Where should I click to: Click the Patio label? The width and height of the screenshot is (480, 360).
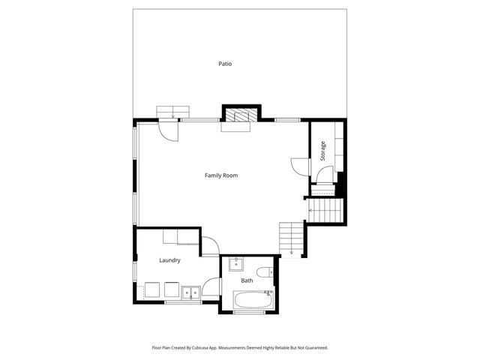(225, 64)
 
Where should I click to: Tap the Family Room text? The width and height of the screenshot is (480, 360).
(221, 175)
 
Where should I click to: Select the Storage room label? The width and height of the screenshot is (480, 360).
(323, 151)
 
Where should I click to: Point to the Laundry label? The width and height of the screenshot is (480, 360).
(169, 260)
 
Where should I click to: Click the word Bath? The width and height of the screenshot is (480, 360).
(247, 280)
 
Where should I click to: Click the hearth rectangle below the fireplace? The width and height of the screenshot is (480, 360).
(235, 127)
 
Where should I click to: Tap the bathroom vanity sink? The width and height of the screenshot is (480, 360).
(235, 263)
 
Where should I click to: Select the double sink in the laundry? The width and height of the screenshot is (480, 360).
(190, 292)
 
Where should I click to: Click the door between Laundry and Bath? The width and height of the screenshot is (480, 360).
(211, 287)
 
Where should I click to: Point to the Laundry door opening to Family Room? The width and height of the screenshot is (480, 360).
(208, 246)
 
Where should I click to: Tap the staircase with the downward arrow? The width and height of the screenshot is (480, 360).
(291, 238)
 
